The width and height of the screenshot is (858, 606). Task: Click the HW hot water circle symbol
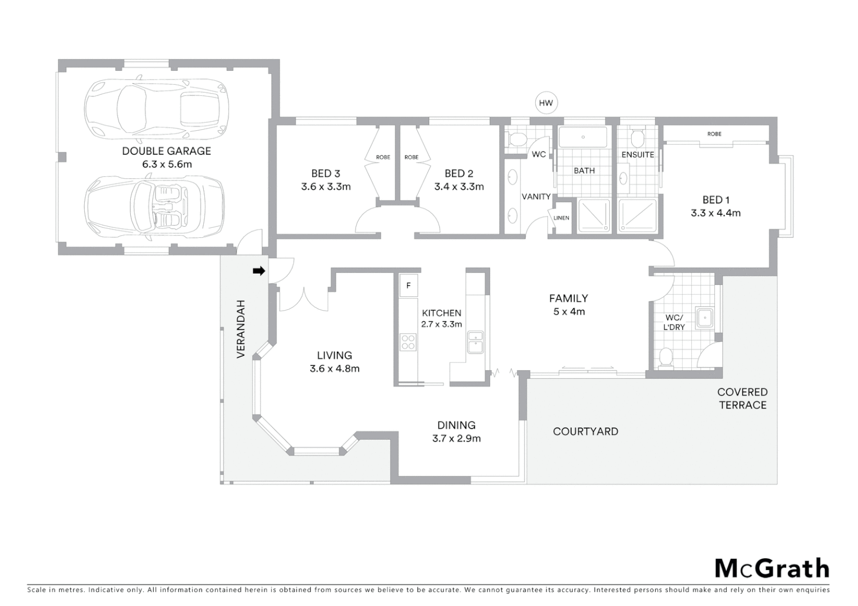point(546,103)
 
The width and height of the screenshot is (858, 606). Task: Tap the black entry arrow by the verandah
point(258,271)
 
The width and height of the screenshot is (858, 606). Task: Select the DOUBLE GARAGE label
point(166,151)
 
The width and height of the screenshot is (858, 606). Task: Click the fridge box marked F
point(409,286)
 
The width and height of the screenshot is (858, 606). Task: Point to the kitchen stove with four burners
point(408,342)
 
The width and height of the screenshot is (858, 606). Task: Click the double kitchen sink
point(475,342)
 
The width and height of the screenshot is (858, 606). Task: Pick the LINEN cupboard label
point(561,218)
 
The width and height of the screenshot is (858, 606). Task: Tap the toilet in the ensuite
point(637,137)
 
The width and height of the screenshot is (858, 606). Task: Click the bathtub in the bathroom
point(583,137)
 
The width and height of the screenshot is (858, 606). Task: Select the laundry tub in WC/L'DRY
point(704,318)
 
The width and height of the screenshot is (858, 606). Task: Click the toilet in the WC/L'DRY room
point(666,357)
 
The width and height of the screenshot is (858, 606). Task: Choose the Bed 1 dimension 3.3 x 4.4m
point(715,213)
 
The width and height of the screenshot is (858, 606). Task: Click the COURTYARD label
point(585,431)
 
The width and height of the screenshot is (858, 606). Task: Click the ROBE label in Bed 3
point(383,157)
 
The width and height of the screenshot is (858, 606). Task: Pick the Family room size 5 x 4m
point(569,312)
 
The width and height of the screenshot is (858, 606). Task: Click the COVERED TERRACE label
point(742,398)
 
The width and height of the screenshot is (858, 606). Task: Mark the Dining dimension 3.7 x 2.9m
point(456,439)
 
